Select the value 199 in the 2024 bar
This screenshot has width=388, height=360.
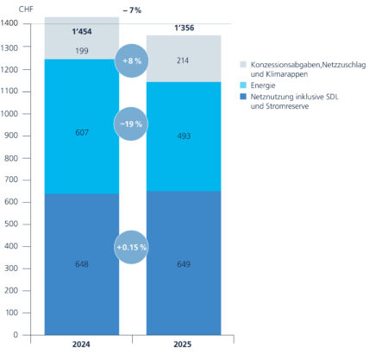pyautogui.click(x=82, y=52)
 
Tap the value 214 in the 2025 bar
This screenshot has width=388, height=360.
pyautogui.click(x=185, y=61)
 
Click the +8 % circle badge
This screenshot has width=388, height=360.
pyautogui.click(x=131, y=60)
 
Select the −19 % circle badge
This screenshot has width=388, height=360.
pyautogui.click(x=131, y=124)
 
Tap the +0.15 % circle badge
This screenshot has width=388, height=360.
pyautogui.click(x=131, y=248)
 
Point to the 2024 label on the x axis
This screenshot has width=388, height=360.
pyautogui.click(x=82, y=346)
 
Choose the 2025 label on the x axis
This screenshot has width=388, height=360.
pyautogui.click(x=184, y=346)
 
